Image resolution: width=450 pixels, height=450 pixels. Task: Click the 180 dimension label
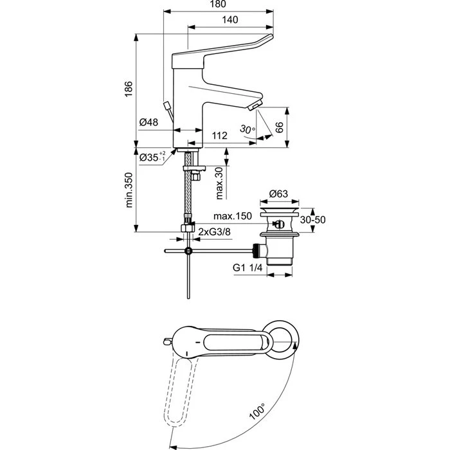(218, 4)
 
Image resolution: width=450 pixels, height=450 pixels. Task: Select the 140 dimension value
(230, 19)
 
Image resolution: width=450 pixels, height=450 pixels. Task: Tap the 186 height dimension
(129, 89)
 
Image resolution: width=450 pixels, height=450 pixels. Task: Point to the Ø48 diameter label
(148, 122)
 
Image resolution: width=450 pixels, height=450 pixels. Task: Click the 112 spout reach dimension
(220, 136)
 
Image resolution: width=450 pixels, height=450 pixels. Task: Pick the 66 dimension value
(279, 127)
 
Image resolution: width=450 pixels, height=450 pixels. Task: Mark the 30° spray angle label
(247, 129)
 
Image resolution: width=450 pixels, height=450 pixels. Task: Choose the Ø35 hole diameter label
(152, 157)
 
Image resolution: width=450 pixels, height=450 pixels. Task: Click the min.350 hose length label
(129, 190)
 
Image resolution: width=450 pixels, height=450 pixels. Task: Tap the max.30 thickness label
(219, 183)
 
